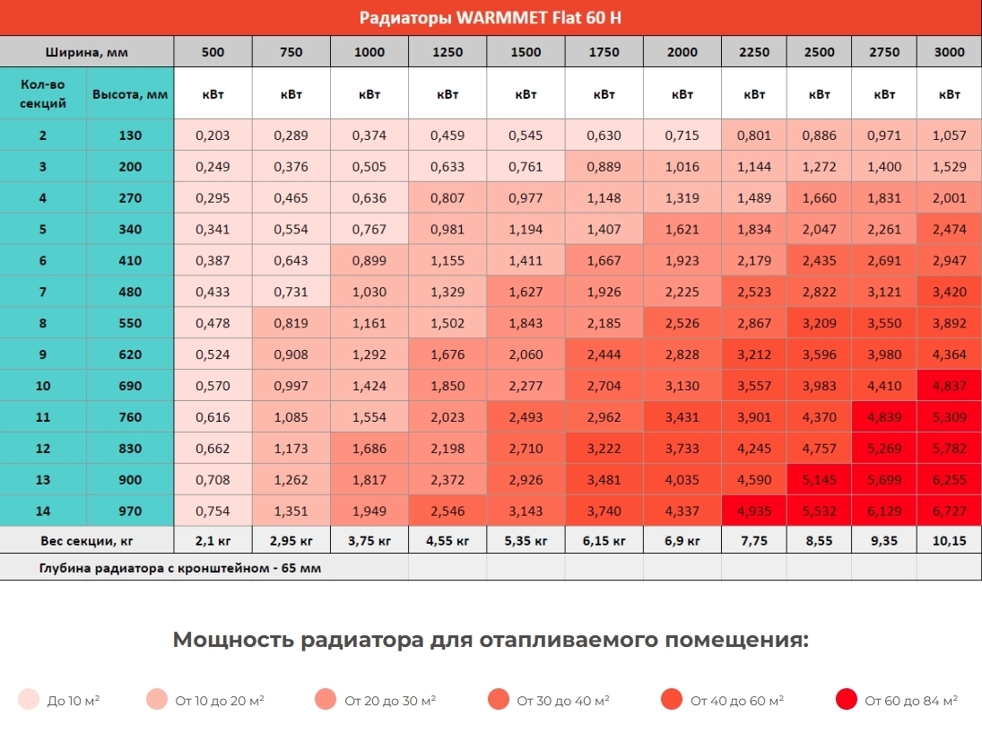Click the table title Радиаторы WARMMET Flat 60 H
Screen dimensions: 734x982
(490, 18)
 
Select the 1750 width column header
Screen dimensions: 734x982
(604, 52)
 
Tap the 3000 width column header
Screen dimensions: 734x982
(950, 52)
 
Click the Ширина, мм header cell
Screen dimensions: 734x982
(86, 52)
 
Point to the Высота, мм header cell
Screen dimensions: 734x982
(130, 94)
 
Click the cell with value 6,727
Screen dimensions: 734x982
(950, 511)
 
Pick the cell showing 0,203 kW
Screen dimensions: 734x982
(213, 135)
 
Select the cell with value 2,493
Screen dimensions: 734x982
(526, 417)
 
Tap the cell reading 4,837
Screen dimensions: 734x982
(950, 386)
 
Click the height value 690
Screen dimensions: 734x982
(130, 386)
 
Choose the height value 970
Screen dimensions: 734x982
(130, 511)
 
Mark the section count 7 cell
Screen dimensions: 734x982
(43, 292)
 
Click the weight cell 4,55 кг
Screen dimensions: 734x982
(448, 541)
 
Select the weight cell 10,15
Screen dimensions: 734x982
(950, 541)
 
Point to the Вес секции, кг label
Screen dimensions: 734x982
(86, 541)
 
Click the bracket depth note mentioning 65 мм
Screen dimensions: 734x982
(179, 568)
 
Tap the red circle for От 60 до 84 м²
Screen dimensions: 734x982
(845, 700)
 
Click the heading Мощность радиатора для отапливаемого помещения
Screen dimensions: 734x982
(490, 640)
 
